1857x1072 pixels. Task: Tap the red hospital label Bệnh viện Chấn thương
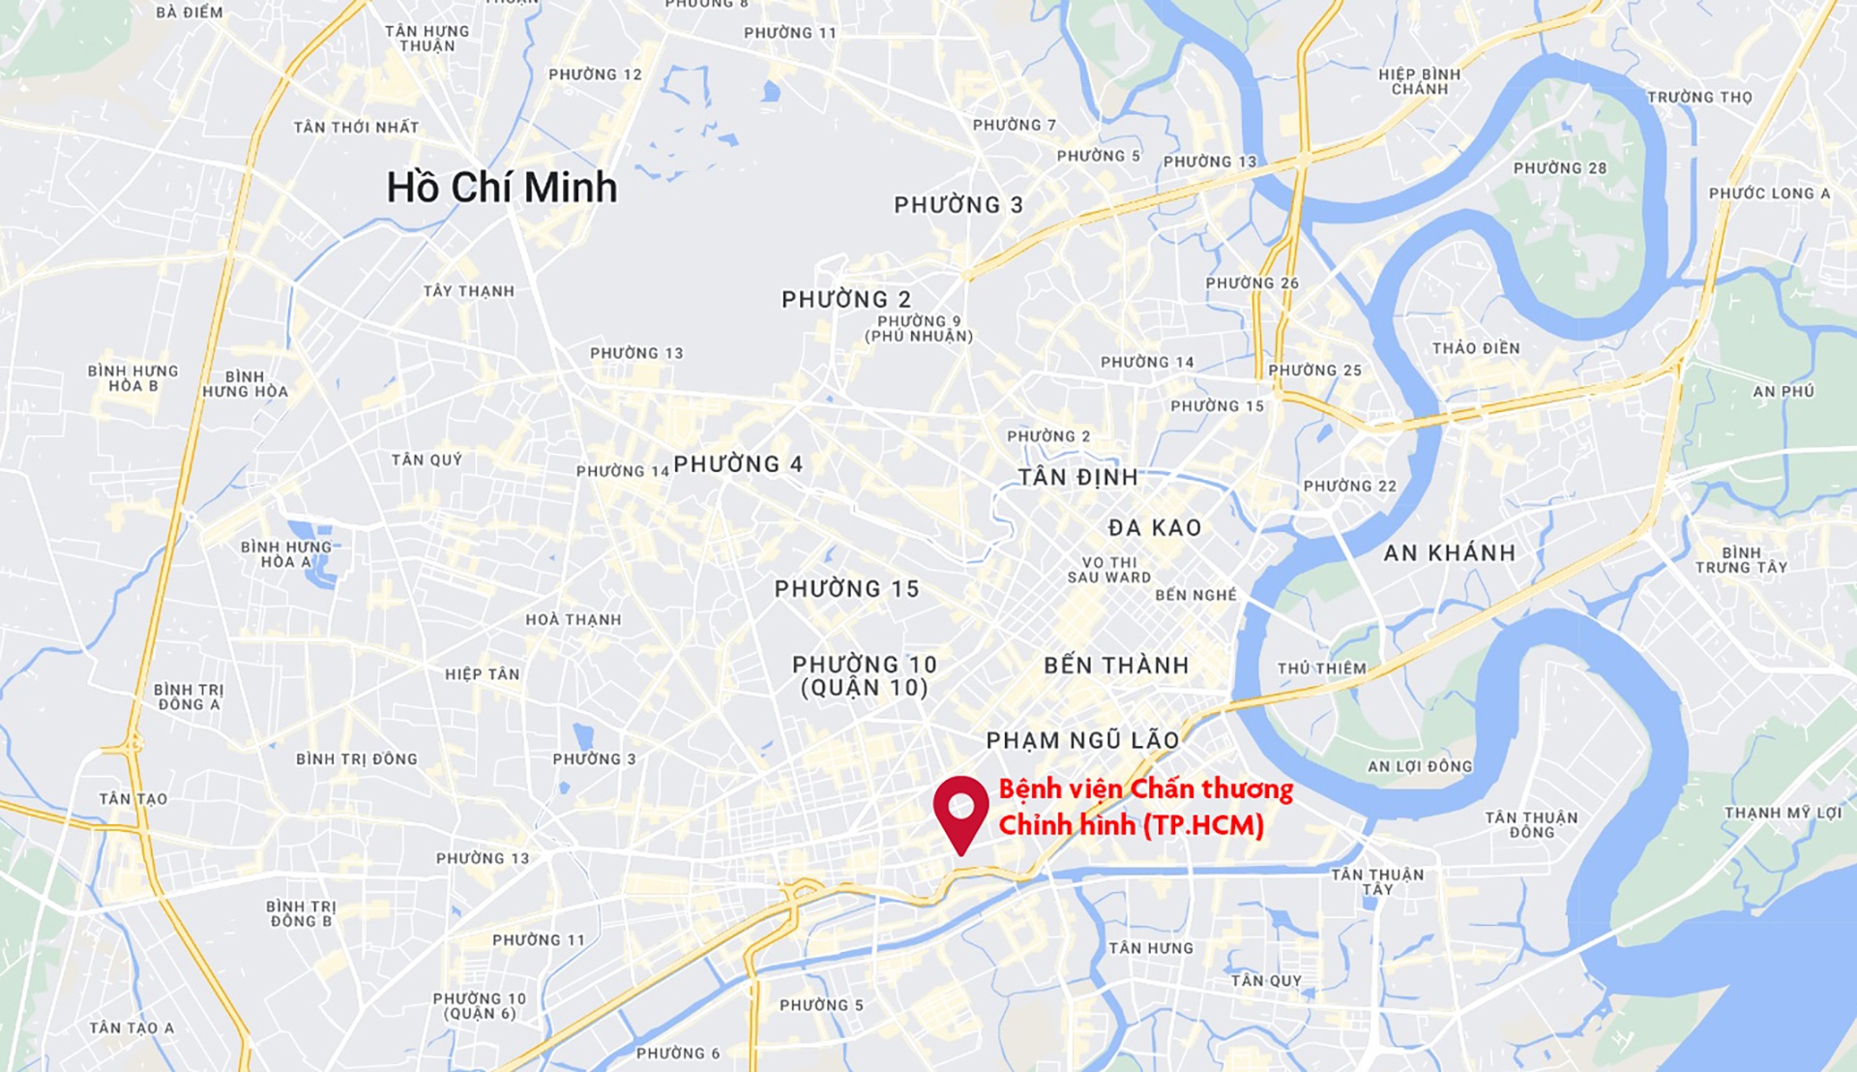tap(1145, 789)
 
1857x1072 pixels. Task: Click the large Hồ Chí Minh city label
tap(501, 187)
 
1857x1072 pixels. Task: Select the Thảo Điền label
tap(1476, 348)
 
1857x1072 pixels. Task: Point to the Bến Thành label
tap(1116, 666)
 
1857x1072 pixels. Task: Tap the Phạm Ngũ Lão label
tap(1082, 741)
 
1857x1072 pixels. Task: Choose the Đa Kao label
tap(1155, 528)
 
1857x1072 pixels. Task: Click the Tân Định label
tap(1077, 477)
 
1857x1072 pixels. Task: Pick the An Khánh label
tap(1449, 553)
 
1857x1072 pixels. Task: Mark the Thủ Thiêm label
tap(1321, 669)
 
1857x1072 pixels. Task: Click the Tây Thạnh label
tap(468, 291)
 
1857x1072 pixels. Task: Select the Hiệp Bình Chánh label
tap(1419, 81)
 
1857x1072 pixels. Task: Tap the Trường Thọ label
tap(1699, 98)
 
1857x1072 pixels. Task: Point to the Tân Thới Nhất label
tap(356, 128)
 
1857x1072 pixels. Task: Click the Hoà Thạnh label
tap(573, 620)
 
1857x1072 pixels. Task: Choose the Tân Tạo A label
tap(132, 1028)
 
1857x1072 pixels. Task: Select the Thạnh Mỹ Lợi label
tap(1783, 813)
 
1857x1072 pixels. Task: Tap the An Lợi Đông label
tap(1419, 767)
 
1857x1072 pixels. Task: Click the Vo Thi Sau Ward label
tap(1108, 570)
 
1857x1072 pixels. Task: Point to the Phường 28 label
tap(1559, 168)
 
